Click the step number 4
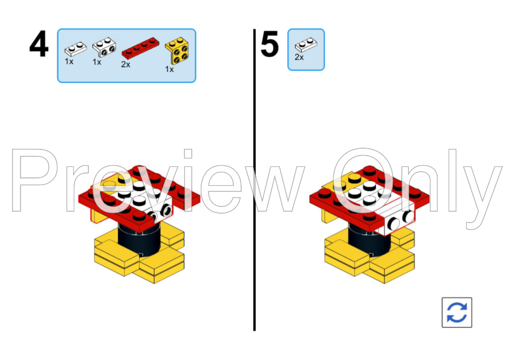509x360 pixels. point(39,45)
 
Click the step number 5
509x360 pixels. point(270,45)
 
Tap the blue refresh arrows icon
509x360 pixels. point(456,312)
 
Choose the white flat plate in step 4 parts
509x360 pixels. point(76,48)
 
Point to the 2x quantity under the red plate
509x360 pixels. point(126,64)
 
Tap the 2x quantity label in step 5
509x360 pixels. point(299,57)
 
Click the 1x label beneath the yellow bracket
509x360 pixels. point(169,70)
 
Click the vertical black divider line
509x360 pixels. point(254,182)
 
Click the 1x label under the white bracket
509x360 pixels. point(97,62)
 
